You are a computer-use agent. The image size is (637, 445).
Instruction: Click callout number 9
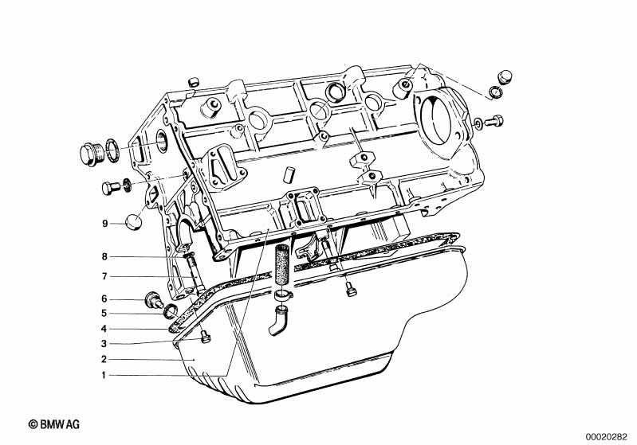[x=104, y=224]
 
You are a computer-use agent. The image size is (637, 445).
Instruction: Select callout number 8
[x=104, y=257]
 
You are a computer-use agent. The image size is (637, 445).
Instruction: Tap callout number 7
[x=104, y=277]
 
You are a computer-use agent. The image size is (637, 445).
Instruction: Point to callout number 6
[x=104, y=299]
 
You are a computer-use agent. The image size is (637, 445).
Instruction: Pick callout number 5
[x=104, y=313]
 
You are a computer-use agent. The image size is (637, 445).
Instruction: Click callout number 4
[x=104, y=329]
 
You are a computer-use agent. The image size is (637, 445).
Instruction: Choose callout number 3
[x=104, y=344]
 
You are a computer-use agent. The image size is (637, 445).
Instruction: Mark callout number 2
[x=104, y=359]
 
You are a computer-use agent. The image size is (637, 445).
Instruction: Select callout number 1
[x=104, y=376]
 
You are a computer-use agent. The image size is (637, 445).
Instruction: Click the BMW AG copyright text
[x=54, y=425]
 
